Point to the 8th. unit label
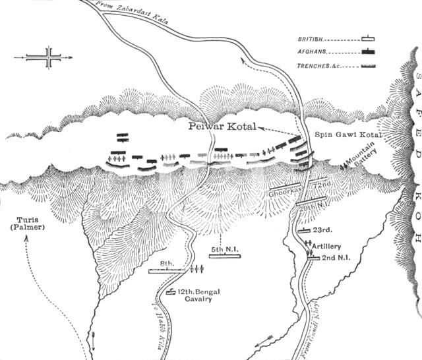(x=167, y=263)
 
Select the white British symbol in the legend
(x=368, y=40)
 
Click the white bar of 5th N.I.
(x=224, y=257)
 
